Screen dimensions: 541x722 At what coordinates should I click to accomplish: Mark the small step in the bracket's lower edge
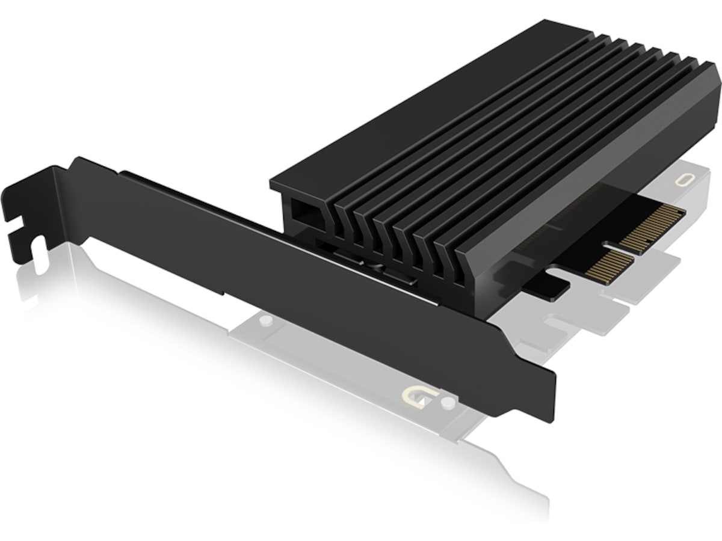click(224, 293)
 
